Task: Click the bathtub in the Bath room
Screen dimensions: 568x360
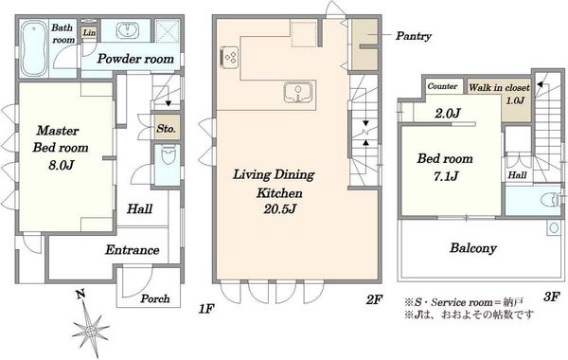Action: click(x=34, y=48)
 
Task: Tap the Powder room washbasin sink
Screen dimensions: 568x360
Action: click(x=127, y=30)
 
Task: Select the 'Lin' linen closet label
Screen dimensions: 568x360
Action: click(x=89, y=32)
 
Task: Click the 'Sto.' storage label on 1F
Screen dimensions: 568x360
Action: click(x=167, y=128)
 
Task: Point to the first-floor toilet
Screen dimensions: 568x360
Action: click(x=169, y=155)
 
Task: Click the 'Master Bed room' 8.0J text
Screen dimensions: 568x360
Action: click(x=61, y=148)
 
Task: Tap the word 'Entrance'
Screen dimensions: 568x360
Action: click(x=133, y=250)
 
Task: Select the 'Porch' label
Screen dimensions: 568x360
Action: click(x=155, y=298)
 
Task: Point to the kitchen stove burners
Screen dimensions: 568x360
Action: click(x=229, y=57)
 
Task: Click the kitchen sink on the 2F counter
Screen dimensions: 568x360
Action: click(x=297, y=92)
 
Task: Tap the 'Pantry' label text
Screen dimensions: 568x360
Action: click(x=414, y=36)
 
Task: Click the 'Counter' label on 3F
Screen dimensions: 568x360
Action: click(x=442, y=86)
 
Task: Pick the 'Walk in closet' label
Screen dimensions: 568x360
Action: click(x=499, y=87)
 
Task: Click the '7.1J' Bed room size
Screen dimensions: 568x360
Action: click(x=446, y=176)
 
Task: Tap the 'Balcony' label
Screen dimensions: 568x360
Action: click(x=473, y=248)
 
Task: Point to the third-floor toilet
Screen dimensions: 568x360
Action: click(x=551, y=199)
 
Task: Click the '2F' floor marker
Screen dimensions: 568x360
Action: click(x=374, y=299)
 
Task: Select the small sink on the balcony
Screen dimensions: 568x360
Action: click(x=554, y=227)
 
